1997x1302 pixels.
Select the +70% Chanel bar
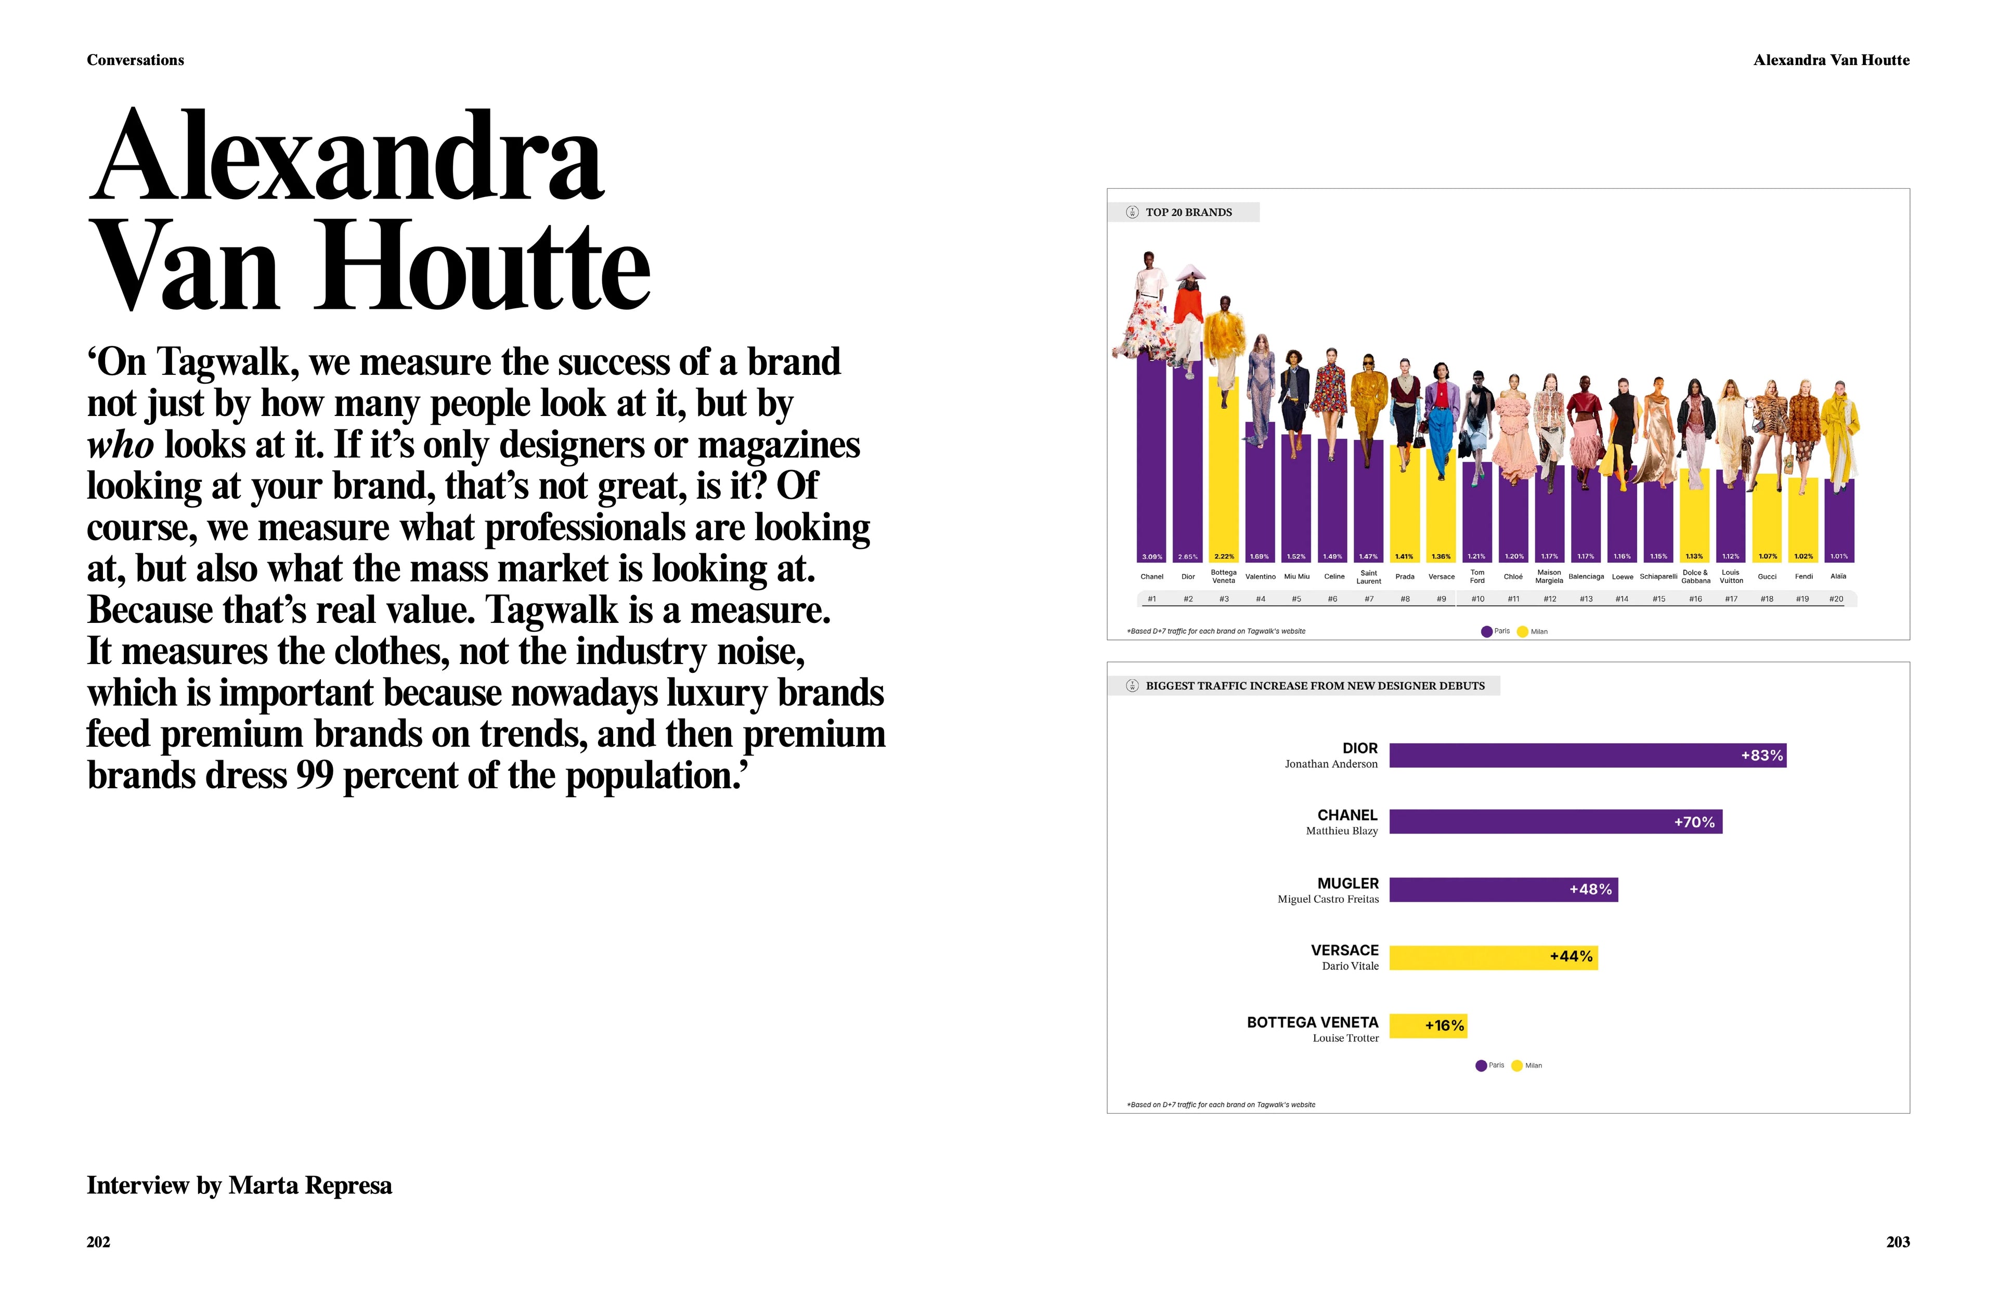click(1555, 822)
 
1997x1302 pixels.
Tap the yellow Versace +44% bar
click(1493, 957)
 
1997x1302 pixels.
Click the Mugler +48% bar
click(1503, 889)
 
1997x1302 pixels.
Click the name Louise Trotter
click(1345, 1038)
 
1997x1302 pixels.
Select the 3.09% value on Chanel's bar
click(1152, 556)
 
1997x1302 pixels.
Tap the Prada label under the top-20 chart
click(1405, 576)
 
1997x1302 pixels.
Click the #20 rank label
click(1836, 599)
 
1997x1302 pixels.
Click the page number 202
click(98, 1242)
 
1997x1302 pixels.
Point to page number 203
click(1897, 1242)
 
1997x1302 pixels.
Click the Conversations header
click(135, 60)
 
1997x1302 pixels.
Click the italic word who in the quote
click(120, 445)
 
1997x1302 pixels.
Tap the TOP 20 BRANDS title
click(1188, 212)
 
